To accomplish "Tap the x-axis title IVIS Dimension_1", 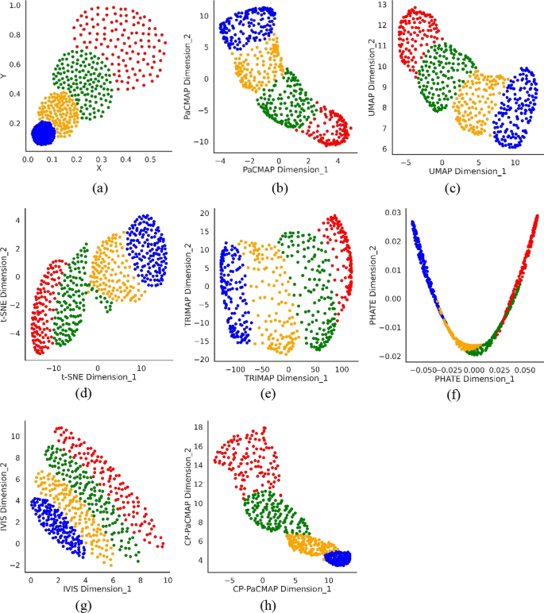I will [96, 589].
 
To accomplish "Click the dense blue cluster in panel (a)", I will [45, 133].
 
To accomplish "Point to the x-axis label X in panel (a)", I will [98, 168].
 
